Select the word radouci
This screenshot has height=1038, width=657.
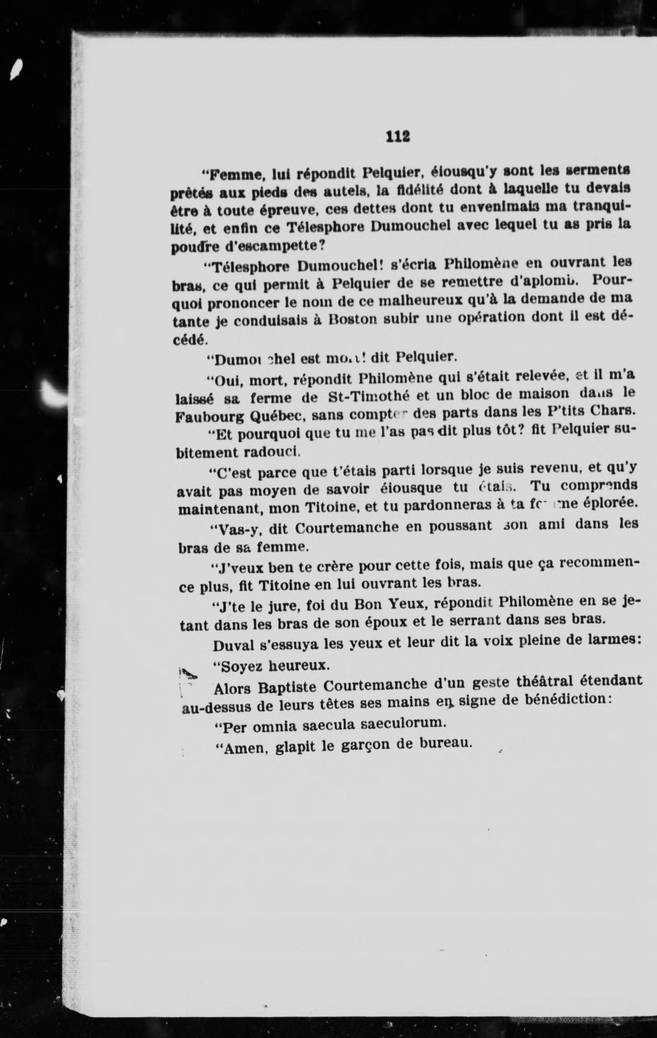point(272,452)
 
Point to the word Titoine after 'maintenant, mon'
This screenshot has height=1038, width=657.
point(332,507)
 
